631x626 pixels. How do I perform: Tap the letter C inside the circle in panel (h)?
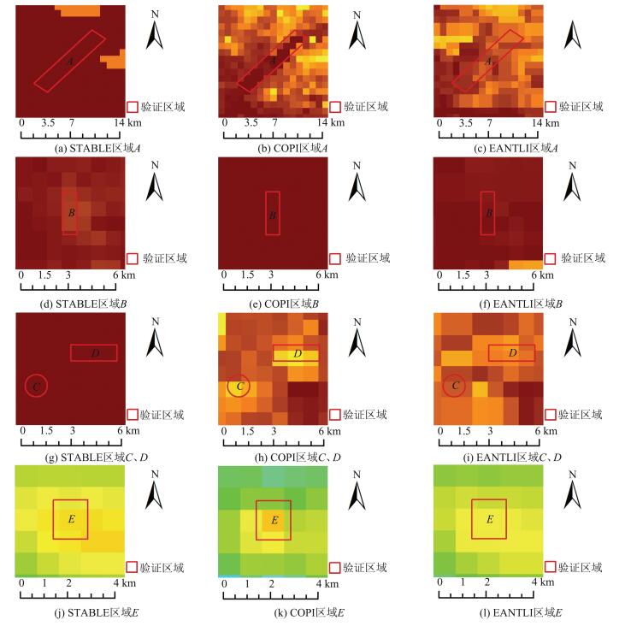pos(239,387)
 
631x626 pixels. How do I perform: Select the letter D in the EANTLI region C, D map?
pos(511,352)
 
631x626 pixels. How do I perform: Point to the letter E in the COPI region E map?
pos(274,520)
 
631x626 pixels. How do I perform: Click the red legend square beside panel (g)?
pos(133,414)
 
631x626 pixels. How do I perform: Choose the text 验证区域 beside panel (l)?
pos(581,566)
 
